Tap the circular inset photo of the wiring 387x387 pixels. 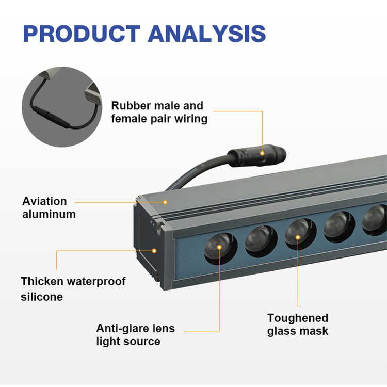[x=60, y=107]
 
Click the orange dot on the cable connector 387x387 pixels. [x=262, y=153]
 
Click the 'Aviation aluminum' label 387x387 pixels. [x=49, y=207]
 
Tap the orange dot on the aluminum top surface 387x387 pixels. [x=166, y=202]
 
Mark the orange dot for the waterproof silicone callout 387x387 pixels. [x=154, y=251]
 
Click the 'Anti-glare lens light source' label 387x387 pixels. [x=135, y=335]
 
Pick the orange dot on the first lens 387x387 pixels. [x=219, y=248]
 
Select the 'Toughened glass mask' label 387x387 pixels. [x=298, y=324]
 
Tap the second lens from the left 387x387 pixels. [x=261, y=240]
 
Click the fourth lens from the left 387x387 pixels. [x=339, y=225]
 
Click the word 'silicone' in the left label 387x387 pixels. [x=42, y=297]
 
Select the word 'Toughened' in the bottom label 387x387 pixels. [x=298, y=318]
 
